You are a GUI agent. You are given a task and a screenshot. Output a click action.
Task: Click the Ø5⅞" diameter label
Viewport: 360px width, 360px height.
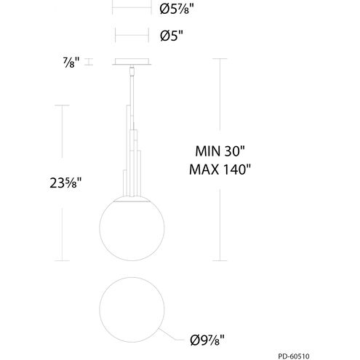[177, 9]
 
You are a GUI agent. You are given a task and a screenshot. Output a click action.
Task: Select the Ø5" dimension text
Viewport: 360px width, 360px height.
[171, 36]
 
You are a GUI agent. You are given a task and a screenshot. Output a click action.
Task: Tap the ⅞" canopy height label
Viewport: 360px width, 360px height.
[71, 63]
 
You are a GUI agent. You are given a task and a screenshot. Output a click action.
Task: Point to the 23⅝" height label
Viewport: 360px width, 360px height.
[65, 183]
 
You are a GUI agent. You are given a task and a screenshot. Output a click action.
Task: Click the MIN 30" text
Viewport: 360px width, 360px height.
[220, 151]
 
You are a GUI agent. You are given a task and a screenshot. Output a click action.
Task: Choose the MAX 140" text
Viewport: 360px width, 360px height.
[220, 169]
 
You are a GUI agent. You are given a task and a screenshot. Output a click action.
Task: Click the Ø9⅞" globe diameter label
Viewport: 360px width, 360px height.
[207, 340]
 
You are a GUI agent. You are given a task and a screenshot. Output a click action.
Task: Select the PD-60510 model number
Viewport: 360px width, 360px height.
[294, 356]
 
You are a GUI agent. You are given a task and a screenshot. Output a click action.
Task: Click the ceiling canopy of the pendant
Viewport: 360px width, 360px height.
[132, 62]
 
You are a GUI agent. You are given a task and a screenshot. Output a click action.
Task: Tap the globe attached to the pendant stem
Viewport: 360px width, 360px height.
[132, 228]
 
